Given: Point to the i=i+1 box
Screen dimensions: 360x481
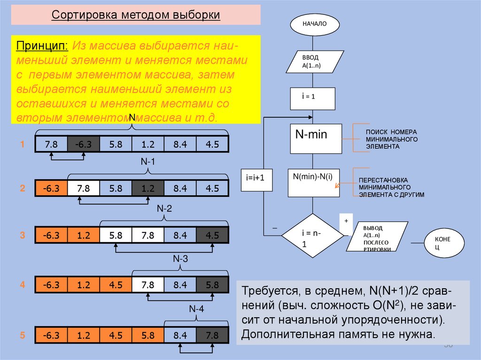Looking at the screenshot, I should pos(256,179).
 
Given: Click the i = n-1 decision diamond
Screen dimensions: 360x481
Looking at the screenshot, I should pos(312,236).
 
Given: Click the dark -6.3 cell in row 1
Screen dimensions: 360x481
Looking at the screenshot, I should pos(83,144).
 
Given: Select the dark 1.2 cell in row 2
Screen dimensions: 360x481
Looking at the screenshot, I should pos(147,188).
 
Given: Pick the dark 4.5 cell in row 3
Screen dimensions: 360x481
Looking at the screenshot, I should pos(212,235).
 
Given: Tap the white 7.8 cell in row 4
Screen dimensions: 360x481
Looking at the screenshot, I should pos(147,285).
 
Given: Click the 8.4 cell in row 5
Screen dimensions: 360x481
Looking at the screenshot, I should pos(180,336).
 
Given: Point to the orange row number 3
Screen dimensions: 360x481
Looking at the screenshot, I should pos(22,235).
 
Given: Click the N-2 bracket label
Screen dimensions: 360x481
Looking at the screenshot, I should pos(164,208).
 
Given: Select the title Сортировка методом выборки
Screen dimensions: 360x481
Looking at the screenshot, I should pos(136,15).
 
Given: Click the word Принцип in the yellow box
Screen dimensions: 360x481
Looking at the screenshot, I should pos(42,47).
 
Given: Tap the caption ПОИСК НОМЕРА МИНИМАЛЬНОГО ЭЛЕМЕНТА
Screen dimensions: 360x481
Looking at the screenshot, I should pos(392,139).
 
